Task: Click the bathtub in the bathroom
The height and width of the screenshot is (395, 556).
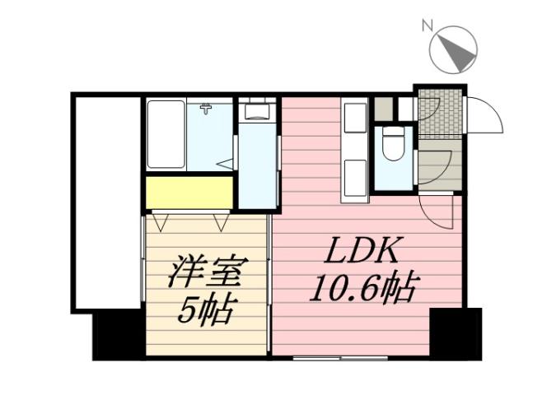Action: [166, 134]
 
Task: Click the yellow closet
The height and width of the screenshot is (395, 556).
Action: [189, 192]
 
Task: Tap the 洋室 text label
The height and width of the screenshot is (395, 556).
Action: [208, 272]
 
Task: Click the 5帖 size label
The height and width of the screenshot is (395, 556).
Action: [208, 310]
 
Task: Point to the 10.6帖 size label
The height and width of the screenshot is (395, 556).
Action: [365, 288]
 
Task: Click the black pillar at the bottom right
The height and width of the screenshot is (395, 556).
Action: [456, 333]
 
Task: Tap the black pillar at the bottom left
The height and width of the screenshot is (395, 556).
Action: [118, 334]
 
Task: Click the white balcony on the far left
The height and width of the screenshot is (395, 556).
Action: [107, 202]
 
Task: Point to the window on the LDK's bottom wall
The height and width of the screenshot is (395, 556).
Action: [340, 358]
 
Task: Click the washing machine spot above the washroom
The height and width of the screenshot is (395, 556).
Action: [258, 111]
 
